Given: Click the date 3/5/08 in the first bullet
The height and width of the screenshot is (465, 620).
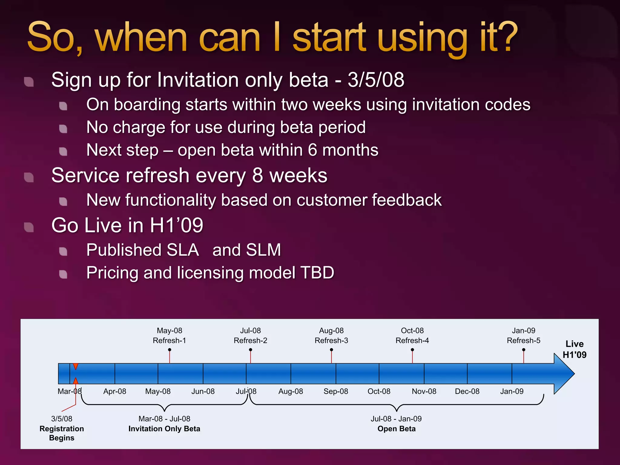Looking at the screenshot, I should pos(376,80).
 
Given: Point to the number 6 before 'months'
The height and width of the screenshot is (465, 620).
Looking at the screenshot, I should pos(312,150).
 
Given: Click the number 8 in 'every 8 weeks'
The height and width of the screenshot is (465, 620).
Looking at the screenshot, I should pos(257,176).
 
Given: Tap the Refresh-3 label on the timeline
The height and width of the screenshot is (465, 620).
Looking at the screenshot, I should pos(331,341).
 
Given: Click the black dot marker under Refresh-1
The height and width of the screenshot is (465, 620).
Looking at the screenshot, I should pos(170,350).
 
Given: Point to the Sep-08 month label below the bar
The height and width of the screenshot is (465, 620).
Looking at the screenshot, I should pos(336,391).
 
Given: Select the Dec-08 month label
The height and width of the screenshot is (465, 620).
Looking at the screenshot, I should pos(467,391).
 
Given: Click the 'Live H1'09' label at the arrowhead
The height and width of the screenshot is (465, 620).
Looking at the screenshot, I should pos(574,349).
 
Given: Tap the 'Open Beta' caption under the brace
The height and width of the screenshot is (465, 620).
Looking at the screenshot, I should pos(396,429).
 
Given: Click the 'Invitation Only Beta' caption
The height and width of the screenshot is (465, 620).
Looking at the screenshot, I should pos(164,429).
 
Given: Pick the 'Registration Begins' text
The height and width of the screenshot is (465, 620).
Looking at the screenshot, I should pos(62,433).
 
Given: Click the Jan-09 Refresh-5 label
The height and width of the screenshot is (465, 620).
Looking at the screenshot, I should pos(523,336).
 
